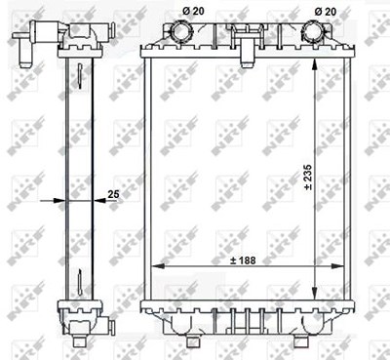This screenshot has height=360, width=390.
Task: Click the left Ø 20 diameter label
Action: click(193, 11)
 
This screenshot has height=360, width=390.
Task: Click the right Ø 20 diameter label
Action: click(326, 12)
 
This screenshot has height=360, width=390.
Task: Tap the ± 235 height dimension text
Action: click(308, 178)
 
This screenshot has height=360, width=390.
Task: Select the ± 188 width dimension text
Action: click(243, 260)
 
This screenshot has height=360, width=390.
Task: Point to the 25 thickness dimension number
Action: click(113, 194)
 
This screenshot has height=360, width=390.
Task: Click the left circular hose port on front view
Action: click(181, 31)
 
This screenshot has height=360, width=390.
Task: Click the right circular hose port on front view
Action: click(314, 31)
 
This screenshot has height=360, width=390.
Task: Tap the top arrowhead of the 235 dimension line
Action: click(315, 64)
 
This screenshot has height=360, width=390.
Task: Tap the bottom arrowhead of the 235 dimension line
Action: click(315, 293)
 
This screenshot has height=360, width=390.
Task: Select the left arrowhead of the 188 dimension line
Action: click(158, 266)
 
